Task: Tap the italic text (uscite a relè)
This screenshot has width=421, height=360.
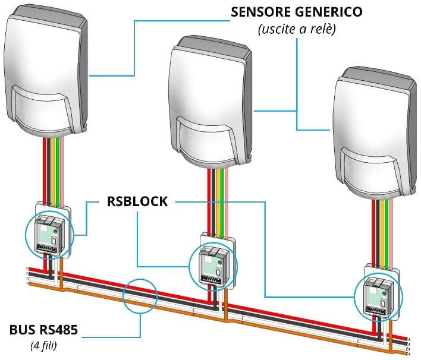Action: pyautogui.click(x=297, y=29)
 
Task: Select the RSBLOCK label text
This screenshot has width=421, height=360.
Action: pyautogui.click(x=137, y=201)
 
